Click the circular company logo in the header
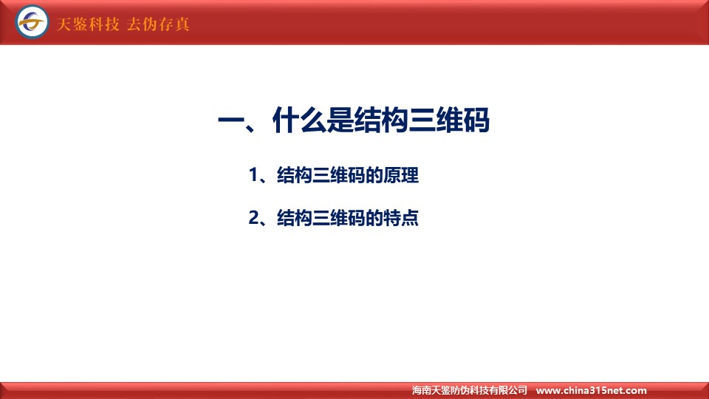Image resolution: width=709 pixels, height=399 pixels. (32, 21)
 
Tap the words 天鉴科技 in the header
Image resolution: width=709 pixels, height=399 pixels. (88, 24)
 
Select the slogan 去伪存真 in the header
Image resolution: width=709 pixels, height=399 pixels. (158, 24)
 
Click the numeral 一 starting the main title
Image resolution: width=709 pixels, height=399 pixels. (231, 120)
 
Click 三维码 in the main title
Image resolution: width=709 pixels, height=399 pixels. (448, 120)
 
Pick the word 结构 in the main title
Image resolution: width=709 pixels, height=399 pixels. (381, 120)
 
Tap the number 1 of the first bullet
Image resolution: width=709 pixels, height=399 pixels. (253, 175)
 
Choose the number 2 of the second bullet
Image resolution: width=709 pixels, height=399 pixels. (254, 217)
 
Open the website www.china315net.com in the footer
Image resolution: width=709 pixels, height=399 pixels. (591, 390)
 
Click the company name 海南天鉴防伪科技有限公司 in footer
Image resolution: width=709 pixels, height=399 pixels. (470, 390)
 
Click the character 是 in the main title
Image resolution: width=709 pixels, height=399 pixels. (340, 120)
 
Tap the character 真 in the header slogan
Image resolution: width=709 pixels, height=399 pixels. (182, 24)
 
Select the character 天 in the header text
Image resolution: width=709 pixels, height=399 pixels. (64, 24)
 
